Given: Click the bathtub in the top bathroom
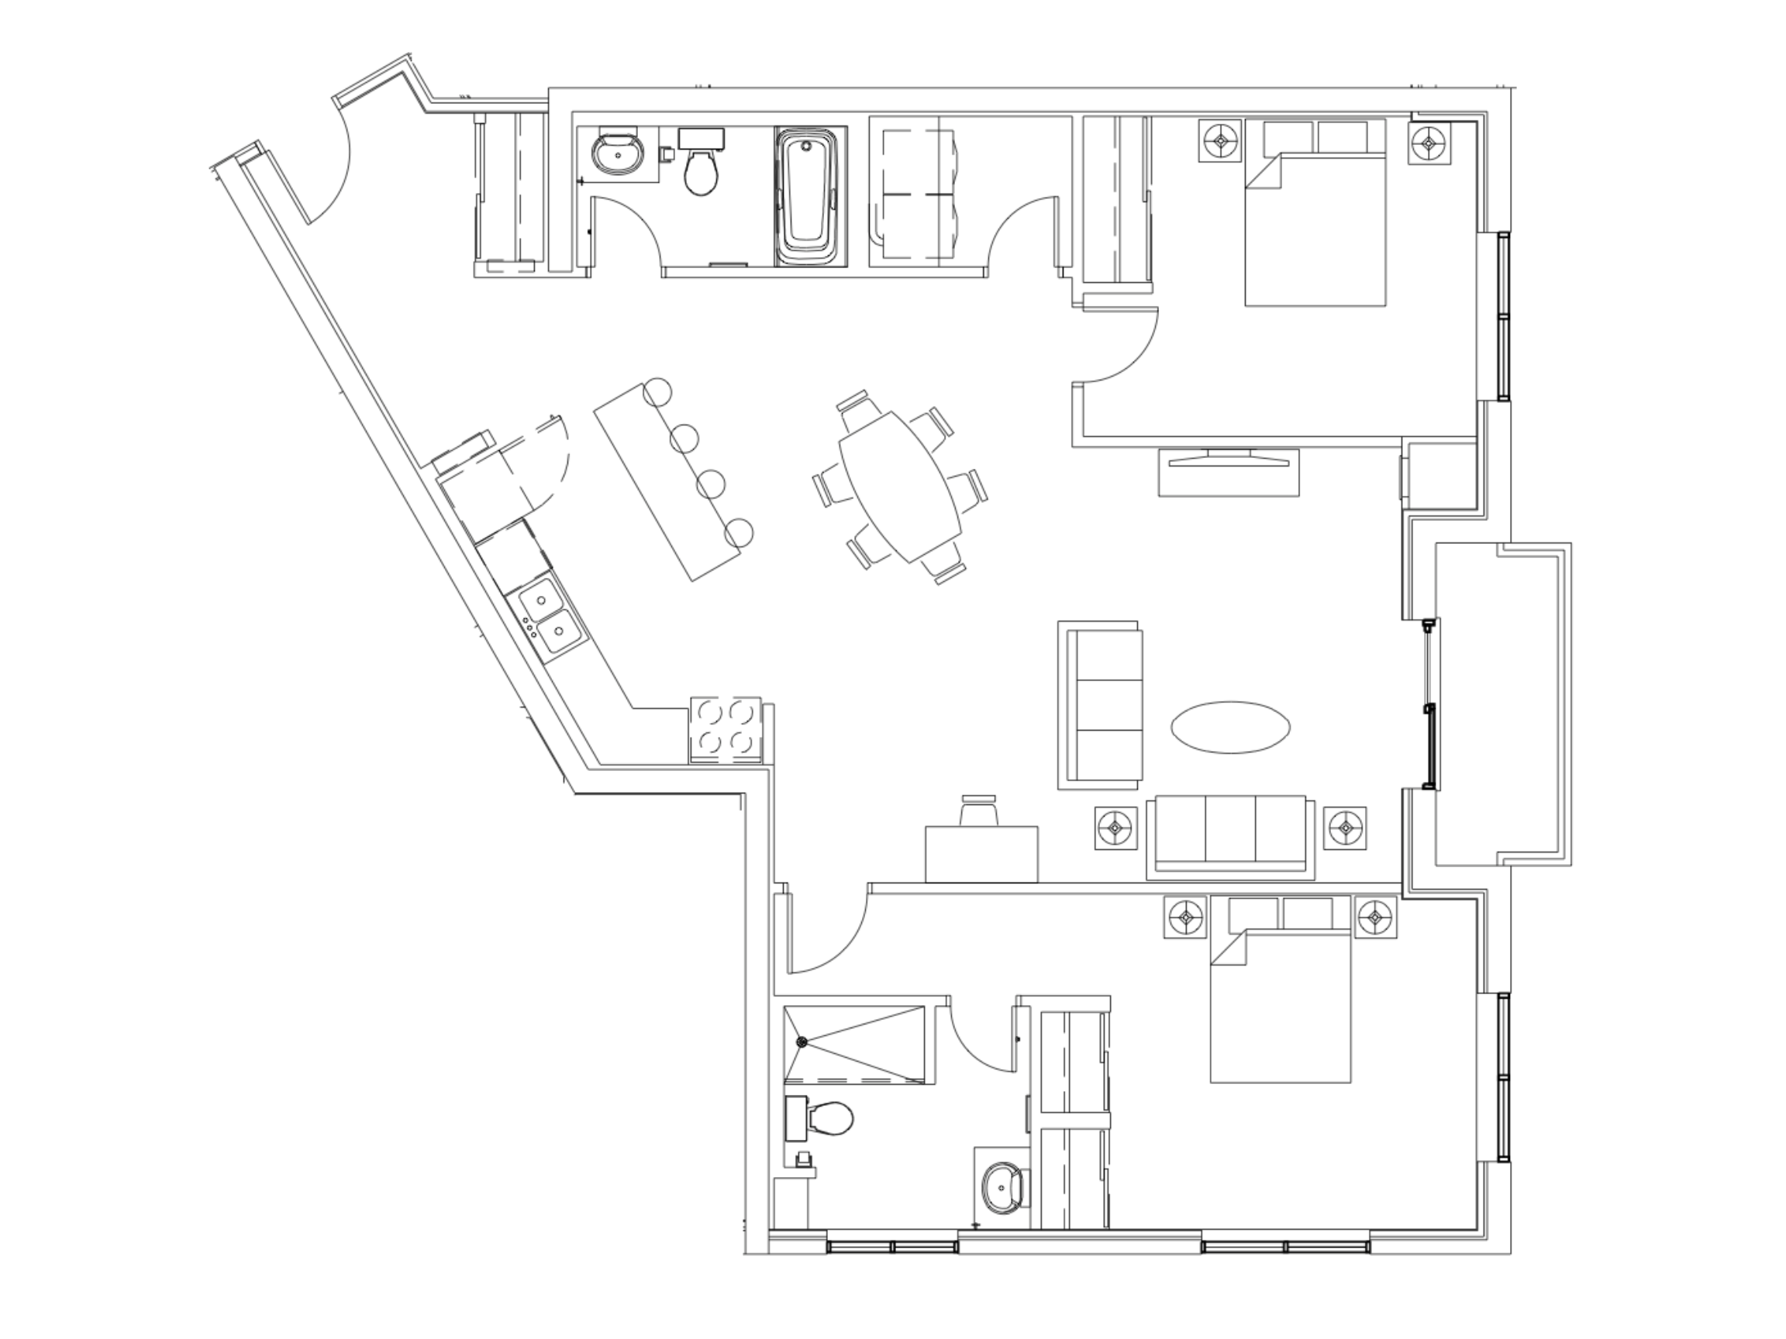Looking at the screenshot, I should (809, 196).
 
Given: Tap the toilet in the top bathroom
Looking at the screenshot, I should (700, 170).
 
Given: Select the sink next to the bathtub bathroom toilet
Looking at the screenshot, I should (619, 153).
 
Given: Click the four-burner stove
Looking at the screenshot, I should (726, 728).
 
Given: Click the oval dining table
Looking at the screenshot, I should (900, 487).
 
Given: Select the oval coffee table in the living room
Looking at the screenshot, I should (1230, 727).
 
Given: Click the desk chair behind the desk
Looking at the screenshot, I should (978, 811).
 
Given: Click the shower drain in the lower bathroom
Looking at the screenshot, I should (802, 1042).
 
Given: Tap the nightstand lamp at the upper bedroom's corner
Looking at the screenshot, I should (1429, 143).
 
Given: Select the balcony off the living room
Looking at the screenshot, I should (1502, 704).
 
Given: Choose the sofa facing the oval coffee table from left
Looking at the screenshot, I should (1101, 704).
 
